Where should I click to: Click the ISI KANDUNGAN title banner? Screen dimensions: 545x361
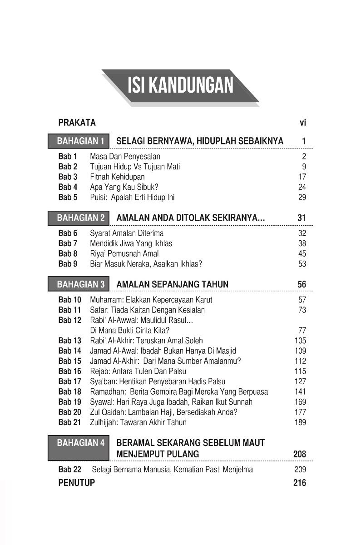pos(180,86)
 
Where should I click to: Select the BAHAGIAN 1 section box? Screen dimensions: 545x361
pos(78,141)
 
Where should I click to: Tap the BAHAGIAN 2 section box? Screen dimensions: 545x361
pos(78,218)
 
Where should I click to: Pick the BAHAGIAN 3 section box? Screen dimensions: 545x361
pos(78,284)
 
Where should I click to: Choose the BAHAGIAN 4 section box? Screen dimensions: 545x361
pos(78,448)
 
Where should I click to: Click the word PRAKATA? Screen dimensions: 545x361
pos(77,122)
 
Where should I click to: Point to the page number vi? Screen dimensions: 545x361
pos(303,122)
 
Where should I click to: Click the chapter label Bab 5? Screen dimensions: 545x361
pos(68,197)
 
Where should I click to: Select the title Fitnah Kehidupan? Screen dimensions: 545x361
pos(117,177)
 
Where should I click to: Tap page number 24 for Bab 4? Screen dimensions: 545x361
pos(302,187)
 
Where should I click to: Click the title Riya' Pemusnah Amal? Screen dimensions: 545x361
pos(124,253)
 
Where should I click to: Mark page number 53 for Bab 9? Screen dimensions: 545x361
pos(302,264)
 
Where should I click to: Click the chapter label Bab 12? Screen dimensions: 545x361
pos(69,320)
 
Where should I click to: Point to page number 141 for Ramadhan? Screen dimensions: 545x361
pos(300,391)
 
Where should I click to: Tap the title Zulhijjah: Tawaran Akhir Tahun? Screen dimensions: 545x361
pos(138,422)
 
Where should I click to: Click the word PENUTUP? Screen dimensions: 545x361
pos(77,483)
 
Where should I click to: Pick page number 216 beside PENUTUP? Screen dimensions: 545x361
pos(300,483)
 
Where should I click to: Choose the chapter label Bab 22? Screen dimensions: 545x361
pos(69,470)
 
